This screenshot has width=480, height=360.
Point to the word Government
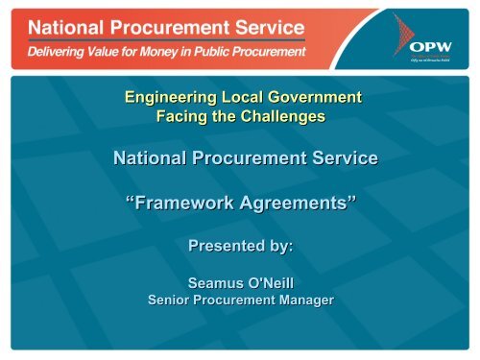click(x=315, y=97)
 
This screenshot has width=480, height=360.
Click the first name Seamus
click(x=215, y=284)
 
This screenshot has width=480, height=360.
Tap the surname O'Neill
click(x=276, y=284)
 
